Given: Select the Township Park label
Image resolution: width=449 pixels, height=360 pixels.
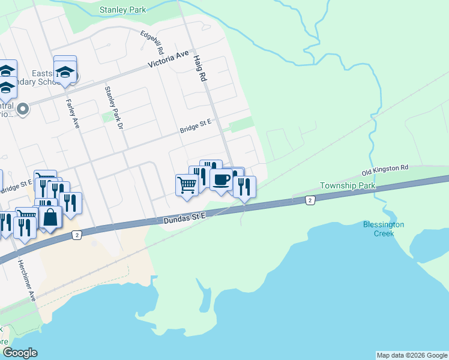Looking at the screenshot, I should pos(348,185).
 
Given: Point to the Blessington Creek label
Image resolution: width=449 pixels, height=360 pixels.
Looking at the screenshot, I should pos(384,229).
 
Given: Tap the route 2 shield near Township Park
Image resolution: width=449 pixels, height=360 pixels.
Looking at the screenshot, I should pos(310,200).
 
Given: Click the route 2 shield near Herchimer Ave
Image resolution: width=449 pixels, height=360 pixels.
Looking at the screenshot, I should pos(77,235).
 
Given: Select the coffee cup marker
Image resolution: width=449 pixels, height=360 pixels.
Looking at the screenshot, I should pos(221,179).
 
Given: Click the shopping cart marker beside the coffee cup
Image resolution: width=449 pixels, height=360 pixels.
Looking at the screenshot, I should pos(187,184).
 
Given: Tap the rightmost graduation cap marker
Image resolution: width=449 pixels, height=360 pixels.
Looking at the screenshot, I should pos(65,71).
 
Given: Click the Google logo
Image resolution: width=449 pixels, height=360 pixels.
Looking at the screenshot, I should pos(20,352).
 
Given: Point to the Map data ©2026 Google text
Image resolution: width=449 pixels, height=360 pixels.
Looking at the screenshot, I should pos(412,355).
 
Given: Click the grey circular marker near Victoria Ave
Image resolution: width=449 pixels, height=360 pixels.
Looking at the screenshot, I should pos(23,109).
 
